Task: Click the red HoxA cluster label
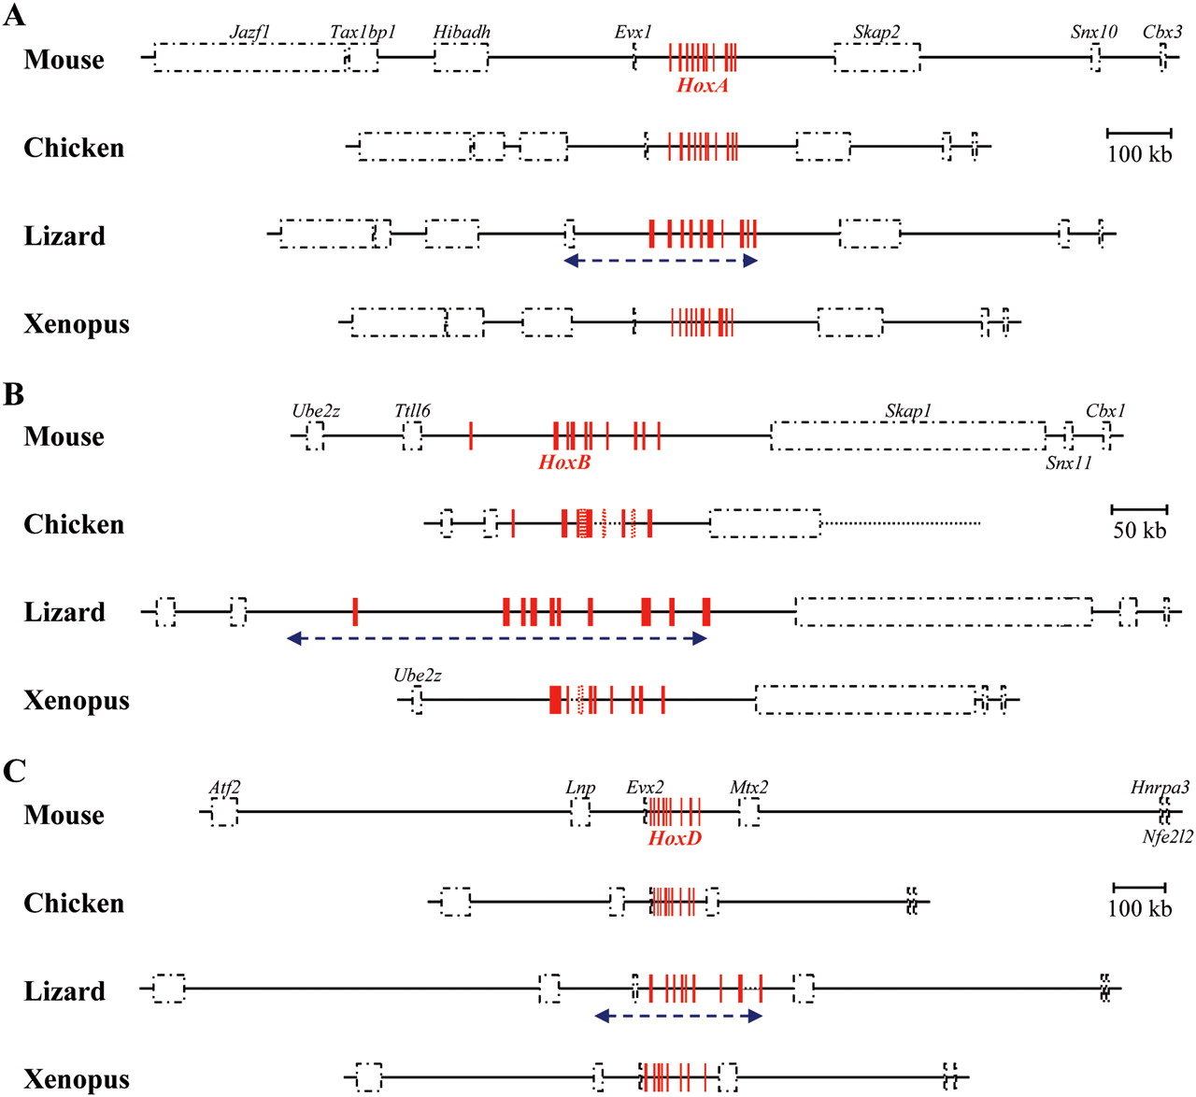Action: (702, 85)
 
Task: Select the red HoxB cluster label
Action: (564, 462)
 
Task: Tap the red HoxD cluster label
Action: (675, 838)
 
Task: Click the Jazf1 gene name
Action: (249, 32)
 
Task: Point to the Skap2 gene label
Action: (876, 32)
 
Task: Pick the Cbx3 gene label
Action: (1162, 32)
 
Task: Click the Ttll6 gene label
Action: (412, 410)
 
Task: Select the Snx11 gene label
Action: (1068, 463)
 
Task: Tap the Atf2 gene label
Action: (224, 788)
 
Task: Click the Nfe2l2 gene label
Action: (1167, 837)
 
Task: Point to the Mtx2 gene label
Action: (748, 788)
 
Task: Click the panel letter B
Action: (13, 394)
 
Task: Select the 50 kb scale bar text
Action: (1139, 531)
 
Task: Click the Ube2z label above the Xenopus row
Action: (418, 675)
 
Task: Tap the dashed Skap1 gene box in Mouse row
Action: (907, 436)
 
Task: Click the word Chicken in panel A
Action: (74, 148)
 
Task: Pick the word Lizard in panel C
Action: (64, 990)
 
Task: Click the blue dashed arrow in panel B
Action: (496, 639)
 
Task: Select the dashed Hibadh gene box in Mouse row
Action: (461, 58)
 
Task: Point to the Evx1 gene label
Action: (633, 32)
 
